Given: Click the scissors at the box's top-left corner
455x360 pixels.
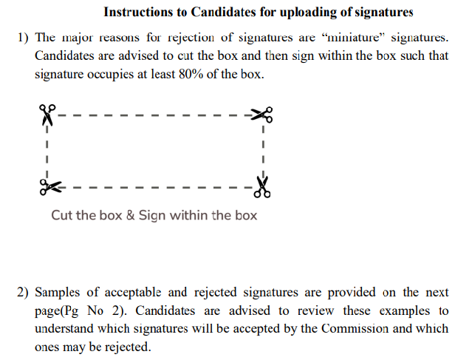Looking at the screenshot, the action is [x=47, y=115].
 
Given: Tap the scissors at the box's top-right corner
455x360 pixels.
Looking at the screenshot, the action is [x=261, y=115].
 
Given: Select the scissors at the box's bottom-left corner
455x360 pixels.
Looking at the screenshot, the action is [x=50, y=187].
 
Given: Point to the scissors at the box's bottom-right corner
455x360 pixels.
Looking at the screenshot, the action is [x=262, y=187].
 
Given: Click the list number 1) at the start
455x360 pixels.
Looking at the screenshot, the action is [x=23, y=38].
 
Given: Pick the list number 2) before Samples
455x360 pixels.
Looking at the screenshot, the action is [x=23, y=292].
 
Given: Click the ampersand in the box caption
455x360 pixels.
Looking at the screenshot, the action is [x=131, y=215].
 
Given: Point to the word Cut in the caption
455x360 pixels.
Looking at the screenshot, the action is [x=61, y=215].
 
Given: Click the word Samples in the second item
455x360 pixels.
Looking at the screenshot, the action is [x=57, y=293].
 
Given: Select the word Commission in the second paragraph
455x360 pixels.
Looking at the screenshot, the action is [x=355, y=329].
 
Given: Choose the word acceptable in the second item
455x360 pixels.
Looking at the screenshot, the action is [x=133, y=293].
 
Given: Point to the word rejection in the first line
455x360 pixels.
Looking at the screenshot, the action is [x=191, y=38].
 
